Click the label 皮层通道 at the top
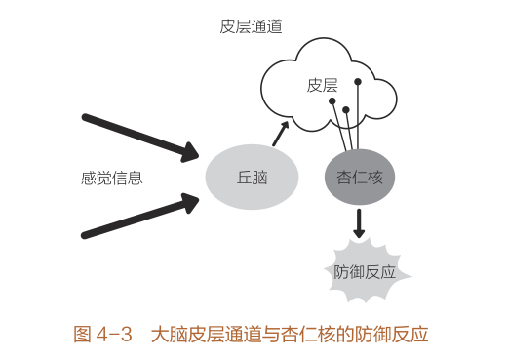click(252, 26)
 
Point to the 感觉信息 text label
click(112, 178)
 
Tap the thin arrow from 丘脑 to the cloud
click(281, 134)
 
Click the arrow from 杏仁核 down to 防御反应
click(360, 223)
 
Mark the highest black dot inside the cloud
click(358, 81)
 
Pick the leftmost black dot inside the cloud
click(332, 101)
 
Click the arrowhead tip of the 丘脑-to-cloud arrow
click(289, 122)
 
